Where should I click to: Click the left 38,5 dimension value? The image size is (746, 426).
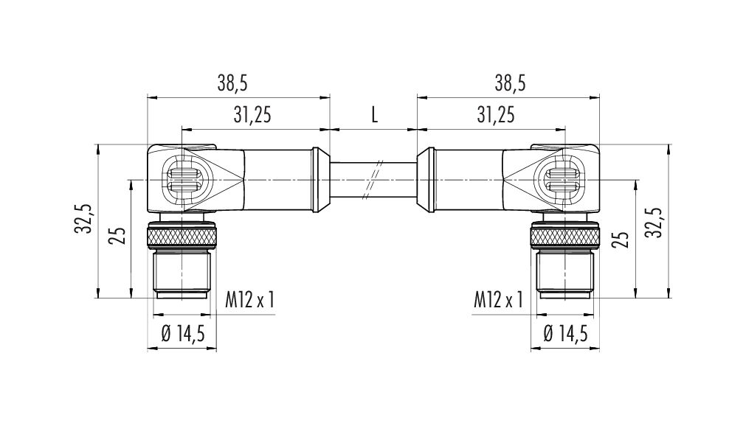tap(232, 84)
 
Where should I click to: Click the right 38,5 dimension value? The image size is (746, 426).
tap(510, 84)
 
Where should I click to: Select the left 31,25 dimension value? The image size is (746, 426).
tap(252, 115)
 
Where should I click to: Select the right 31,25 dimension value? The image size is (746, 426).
tap(496, 115)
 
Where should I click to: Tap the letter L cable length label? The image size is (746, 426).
tap(374, 115)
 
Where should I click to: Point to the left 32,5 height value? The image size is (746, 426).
tap(83, 219)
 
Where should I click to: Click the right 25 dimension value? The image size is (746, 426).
tap(621, 239)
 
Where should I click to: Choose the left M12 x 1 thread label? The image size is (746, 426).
tap(250, 300)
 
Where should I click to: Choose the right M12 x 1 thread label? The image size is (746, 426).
tap(498, 300)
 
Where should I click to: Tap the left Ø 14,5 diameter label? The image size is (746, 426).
tap(183, 334)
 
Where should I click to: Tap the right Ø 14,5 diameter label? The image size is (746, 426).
tap(565, 334)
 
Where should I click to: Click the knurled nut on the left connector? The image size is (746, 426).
tap(182, 237)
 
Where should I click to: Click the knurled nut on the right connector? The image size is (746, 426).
tap(565, 237)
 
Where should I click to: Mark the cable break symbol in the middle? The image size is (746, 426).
tap(373, 179)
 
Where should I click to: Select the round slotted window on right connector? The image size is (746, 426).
tap(564, 180)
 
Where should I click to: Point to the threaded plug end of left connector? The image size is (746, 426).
tap(182, 274)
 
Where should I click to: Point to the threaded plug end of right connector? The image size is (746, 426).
tap(564, 274)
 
